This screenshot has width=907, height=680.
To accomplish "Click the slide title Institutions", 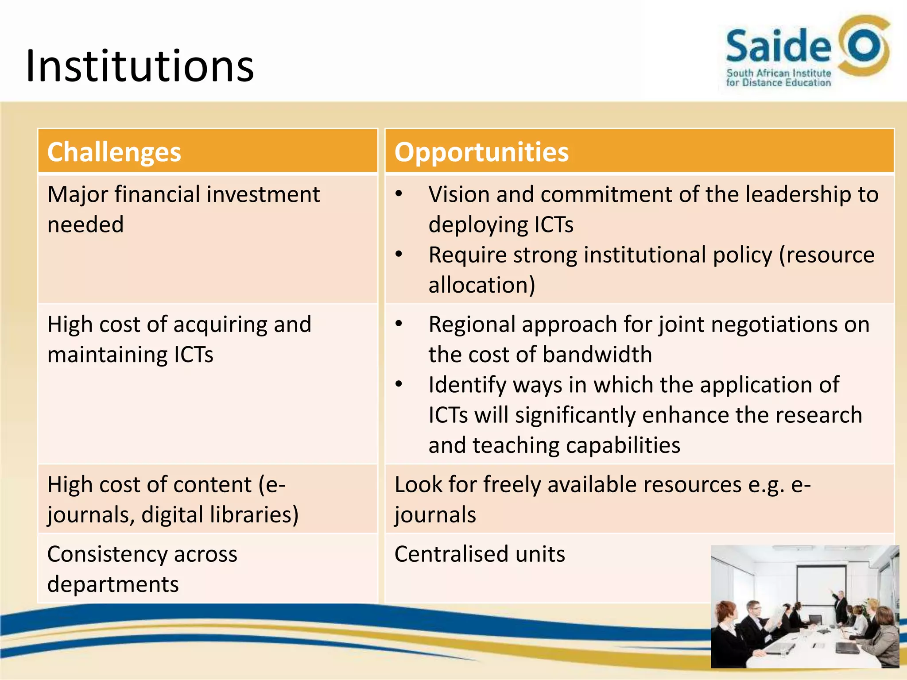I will (x=140, y=66).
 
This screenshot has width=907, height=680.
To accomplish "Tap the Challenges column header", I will (x=114, y=152).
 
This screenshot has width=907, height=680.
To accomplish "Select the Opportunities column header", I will (x=481, y=152).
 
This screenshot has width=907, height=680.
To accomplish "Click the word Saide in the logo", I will (x=779, y=46).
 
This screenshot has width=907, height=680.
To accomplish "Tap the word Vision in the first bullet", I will (x=459, y=195).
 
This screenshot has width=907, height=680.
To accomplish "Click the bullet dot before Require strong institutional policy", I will (x=399, y=255).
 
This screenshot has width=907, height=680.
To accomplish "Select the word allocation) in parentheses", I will (x=482, y=285).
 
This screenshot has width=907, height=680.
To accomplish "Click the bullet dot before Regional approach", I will (x=399, y=324).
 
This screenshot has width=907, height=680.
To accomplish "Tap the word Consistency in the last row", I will (x=106, y=554).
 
